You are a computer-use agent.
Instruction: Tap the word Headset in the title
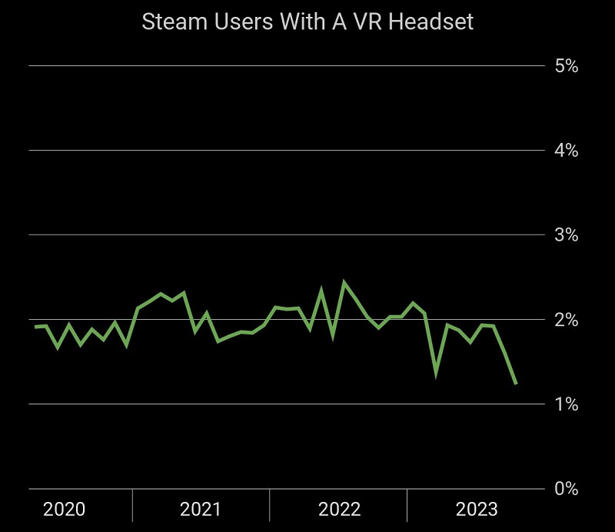[430, 22]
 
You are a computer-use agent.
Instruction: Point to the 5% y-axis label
[566, 66]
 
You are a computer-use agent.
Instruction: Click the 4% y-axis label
[566, 151]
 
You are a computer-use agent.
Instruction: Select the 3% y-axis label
[566, 235]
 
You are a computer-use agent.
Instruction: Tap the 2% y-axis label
[566, 320]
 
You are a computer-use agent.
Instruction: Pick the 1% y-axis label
[566, 404]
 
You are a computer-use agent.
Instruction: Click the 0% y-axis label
[566, 489]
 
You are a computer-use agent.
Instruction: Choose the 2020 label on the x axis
[64, 509]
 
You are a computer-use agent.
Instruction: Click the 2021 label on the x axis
[201, 509]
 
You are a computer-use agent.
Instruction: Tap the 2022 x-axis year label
[339, 509]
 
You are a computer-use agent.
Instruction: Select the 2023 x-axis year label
[477, 509]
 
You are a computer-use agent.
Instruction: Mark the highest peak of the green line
[344, 283]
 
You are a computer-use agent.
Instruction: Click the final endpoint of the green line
[516, 383]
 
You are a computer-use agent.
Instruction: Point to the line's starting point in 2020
[35, 327]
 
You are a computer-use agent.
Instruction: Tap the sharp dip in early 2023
[436, 374]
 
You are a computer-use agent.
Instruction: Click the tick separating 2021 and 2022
[270, 504]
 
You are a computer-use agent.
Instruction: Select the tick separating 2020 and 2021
[132, 504]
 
